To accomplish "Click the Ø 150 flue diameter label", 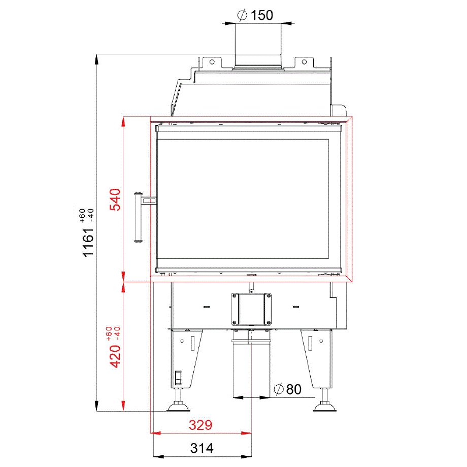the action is point(255,15).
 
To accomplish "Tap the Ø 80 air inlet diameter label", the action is point(287,389).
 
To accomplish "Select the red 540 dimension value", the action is point(115,199).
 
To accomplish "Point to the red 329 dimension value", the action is point(201,425).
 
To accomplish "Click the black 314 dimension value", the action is point(202,448).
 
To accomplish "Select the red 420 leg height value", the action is point(115,356).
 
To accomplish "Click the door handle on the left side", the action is point(139,217).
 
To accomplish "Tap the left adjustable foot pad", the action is point(178,407).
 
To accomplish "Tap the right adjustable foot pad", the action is point(325,407).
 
